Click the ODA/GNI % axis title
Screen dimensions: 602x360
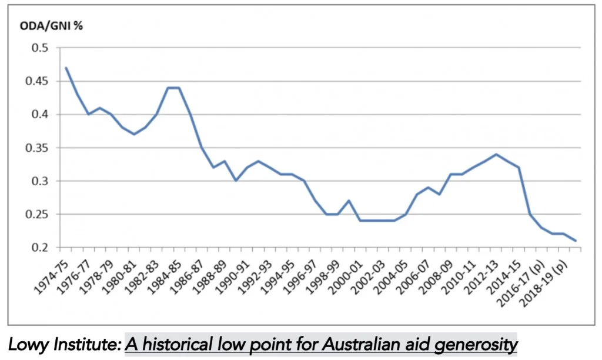point(51,26)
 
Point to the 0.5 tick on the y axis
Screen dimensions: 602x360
point(40,48)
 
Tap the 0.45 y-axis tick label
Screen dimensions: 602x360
point(37,81)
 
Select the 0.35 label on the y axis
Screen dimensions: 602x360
point(37,148)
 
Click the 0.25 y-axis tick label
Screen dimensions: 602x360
point(37,214)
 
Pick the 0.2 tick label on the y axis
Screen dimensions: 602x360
point(40,247)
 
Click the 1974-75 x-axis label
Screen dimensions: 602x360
point(51,278)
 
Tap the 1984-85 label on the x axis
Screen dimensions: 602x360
point(165,278)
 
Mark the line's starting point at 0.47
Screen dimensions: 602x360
point(66,68)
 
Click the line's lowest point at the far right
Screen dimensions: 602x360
point(576,241)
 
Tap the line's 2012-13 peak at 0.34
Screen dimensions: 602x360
point(496,155)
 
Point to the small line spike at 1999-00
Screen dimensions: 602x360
point(349,201)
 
